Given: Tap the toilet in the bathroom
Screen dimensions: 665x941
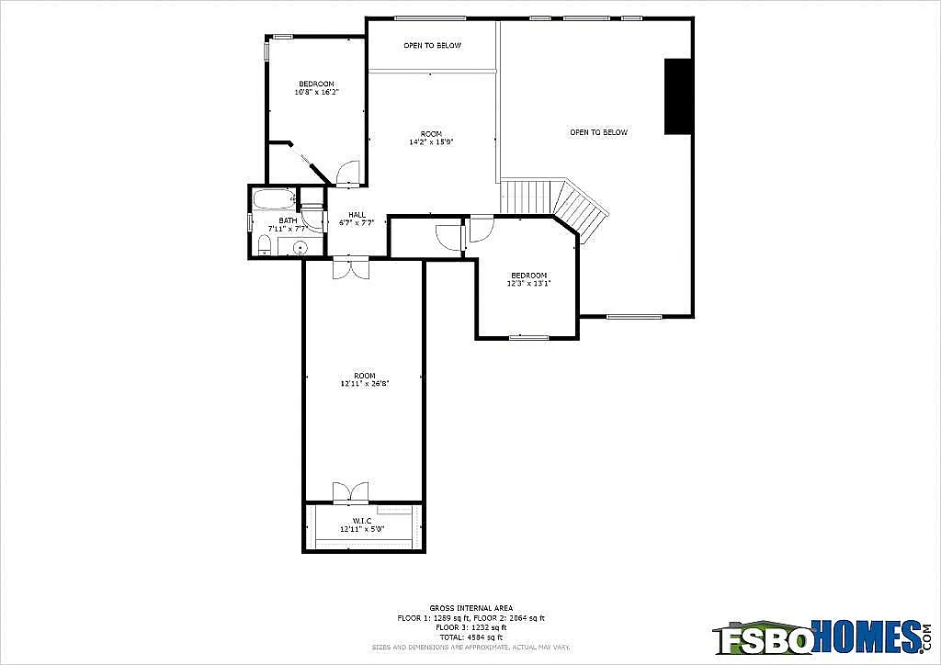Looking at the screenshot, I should pyautogui.click(x=265, y=244).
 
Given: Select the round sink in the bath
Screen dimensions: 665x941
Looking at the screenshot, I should pyautogui.click(x=300, y=246).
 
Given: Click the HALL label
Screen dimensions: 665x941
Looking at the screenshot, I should pyautogui.click(x=357, y=215).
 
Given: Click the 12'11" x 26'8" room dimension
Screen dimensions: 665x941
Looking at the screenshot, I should pyautogui.click(x=364, y=384).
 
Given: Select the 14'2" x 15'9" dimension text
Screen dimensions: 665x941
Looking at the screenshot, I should pyautogui.click(x=431, y=142).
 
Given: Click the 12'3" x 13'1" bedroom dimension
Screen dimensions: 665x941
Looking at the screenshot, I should pyautogui.click(x=528, y=284).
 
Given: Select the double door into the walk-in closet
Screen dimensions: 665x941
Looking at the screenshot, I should pyautogui.click(x=350, y=493).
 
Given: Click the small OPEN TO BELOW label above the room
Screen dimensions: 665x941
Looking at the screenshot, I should pyautogui.click(x=432, y=45).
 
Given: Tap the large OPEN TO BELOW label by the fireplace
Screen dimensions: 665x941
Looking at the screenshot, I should pyautogui.click(x=598, y=132).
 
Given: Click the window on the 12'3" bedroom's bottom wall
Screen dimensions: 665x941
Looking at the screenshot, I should pyautogui.click(x=528, y=337).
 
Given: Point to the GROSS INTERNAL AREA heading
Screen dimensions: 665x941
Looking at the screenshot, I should pyautogui.click(x=470, y=608).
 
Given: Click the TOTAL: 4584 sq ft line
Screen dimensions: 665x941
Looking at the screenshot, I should pyautogui.click(x=470, y=637).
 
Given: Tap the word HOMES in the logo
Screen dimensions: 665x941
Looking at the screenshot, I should pyautogui.click(x=864, y=636).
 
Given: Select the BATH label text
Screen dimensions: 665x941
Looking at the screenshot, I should pyautogui.click(x=288, y=220).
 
